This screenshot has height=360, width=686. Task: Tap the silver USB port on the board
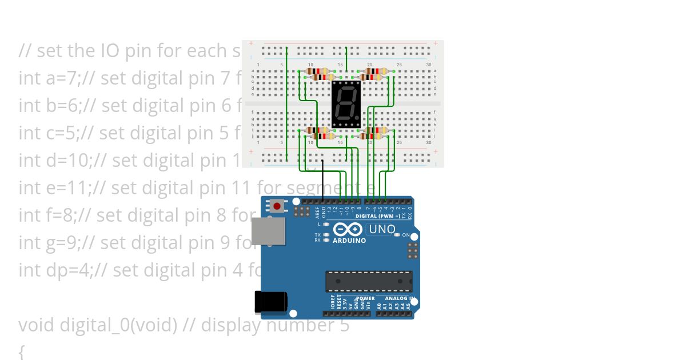point(268,231)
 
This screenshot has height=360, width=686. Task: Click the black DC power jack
point(270,301)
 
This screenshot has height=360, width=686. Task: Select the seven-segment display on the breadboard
point(346,103)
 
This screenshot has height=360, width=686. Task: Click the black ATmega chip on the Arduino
point(369,281)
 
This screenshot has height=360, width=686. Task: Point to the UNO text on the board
point(382,229)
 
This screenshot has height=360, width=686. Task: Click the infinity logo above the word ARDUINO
point(348,230)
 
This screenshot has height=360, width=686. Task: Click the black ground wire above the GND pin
point(323,180)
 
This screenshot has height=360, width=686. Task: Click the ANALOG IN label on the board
point(400,298)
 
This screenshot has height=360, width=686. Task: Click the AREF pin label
point(317,213)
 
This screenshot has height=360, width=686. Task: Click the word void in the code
point(37,325)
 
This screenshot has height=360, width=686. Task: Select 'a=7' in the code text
point(60,78)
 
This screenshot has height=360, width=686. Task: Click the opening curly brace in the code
point(22,351)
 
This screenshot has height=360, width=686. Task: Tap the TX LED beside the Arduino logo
point(326,235)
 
